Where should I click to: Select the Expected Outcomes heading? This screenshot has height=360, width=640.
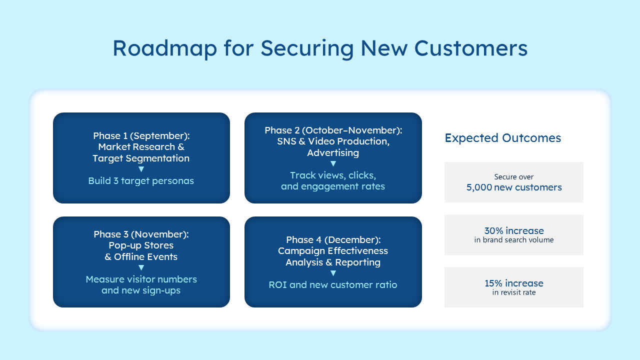(502, 138)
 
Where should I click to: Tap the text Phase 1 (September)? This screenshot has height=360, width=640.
(141, 135)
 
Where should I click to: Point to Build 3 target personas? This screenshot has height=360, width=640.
(141, 180)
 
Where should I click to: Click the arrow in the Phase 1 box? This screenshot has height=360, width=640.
(141, 169)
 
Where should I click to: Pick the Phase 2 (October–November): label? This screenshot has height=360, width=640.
(333, 130)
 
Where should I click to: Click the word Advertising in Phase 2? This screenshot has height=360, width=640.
(333, 152)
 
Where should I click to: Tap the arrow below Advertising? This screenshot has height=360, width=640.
(333, 164)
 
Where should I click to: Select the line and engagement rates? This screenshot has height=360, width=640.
(333, 186)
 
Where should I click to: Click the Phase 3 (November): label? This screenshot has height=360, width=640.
(141, 234)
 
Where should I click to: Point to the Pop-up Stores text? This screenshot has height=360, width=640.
(141, 245)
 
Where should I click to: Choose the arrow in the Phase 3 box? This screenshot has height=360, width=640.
(141, 268)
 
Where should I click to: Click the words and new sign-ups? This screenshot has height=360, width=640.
(141, 290)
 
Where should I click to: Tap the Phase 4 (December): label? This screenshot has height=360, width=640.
(333, 239)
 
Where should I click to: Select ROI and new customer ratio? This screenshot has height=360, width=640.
(333, 284)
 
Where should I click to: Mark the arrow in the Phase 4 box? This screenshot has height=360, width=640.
(333, 273)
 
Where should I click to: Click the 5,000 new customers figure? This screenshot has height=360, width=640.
(514, 187)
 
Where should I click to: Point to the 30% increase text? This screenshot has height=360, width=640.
(514, 230)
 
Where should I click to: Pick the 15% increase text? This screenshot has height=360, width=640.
(514, 283)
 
